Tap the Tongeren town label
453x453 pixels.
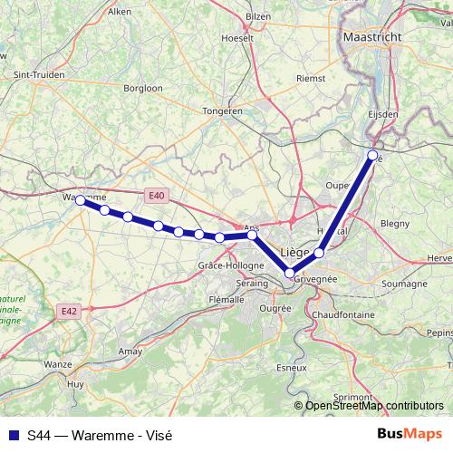[224, 111]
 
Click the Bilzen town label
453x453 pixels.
[258, 16]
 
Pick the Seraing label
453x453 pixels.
[252, 284]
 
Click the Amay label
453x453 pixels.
[130, 350]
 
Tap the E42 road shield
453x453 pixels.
[69, 310]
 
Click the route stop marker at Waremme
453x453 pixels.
[80, 200]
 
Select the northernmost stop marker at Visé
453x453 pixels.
[373, 156]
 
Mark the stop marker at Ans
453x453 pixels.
[253, 235]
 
